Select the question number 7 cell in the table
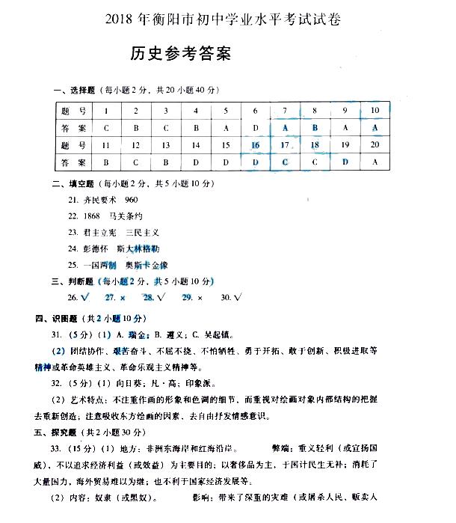[285, 111]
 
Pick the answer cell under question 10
[375, 128]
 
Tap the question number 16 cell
[256, 145]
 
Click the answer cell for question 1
[106, 128]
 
